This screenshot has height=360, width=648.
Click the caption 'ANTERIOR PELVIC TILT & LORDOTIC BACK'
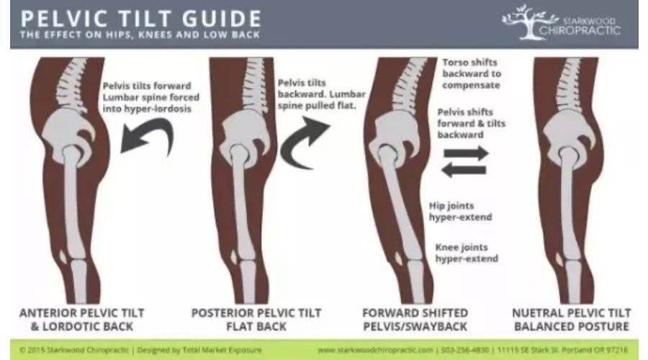[81, 320]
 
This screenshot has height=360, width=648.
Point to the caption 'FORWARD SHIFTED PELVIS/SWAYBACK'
[415, 320]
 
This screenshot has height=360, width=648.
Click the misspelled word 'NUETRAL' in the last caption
[539, 313]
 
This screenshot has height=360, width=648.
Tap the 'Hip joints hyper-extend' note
[460, 211]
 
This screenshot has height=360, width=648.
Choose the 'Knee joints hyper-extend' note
[467, 253]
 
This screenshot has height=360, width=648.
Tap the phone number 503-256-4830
[465, 350]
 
